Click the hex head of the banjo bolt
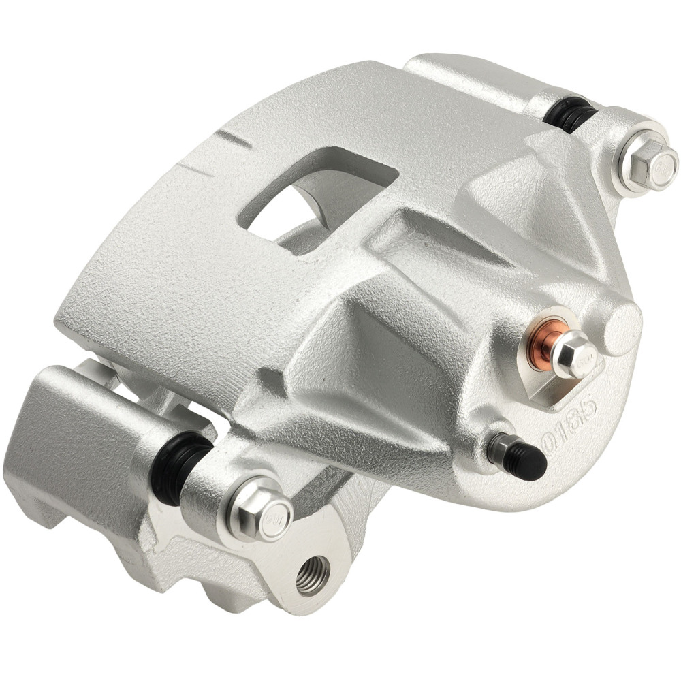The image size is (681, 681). click(x=573, y=353)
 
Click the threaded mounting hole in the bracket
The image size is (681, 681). click(x=313, y=574)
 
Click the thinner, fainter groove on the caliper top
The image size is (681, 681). click(x=193, y=169)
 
